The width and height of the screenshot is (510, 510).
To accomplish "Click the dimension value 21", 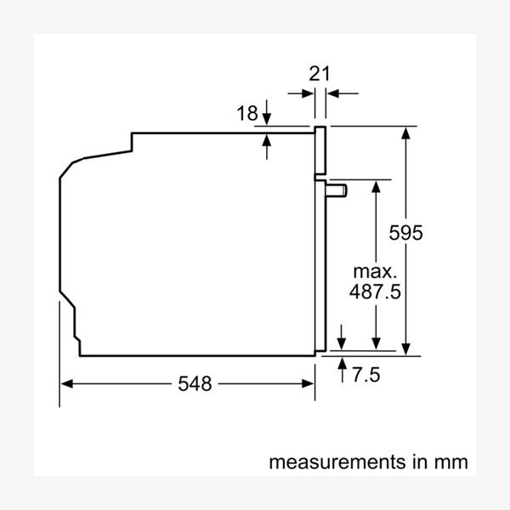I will [x=320, y=73].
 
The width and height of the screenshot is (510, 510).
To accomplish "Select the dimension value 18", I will [x=246, y=114].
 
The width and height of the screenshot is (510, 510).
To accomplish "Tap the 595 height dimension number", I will [x=405, y=232].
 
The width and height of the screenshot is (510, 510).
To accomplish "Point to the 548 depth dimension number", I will [x=194, y=384].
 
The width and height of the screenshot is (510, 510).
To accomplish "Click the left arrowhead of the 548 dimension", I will [x=66, y=384].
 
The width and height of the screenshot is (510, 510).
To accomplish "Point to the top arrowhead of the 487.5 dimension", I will [x=375, y=185].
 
